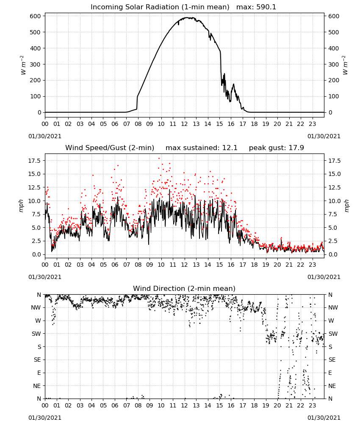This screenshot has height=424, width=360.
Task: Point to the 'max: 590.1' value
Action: (256, 7)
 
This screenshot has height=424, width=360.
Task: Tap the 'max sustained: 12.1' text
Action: (202, 148)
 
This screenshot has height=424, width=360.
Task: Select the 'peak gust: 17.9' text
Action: (276, 148)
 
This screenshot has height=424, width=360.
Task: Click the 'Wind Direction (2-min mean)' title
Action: (184, 288)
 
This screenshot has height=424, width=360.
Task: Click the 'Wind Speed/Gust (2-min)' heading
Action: (110, 148)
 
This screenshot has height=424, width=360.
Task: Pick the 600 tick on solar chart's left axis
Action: (36, 16)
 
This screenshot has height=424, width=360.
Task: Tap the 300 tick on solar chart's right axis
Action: (334, 64)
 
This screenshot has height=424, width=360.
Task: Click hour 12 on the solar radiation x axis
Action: (185, 124)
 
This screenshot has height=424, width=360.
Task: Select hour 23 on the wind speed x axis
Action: (313, 265)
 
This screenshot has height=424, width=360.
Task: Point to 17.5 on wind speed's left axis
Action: (35, 161)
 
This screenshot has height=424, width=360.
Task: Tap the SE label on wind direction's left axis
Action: (37, 360)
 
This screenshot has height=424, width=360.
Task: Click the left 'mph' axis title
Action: (21, 206)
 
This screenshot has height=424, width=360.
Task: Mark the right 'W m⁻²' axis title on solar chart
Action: (346, 65)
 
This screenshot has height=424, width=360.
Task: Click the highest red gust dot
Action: (159, 158)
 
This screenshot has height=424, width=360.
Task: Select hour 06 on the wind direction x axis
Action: (115, 406)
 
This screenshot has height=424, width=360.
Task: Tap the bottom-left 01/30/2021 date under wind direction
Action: (45, 418)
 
